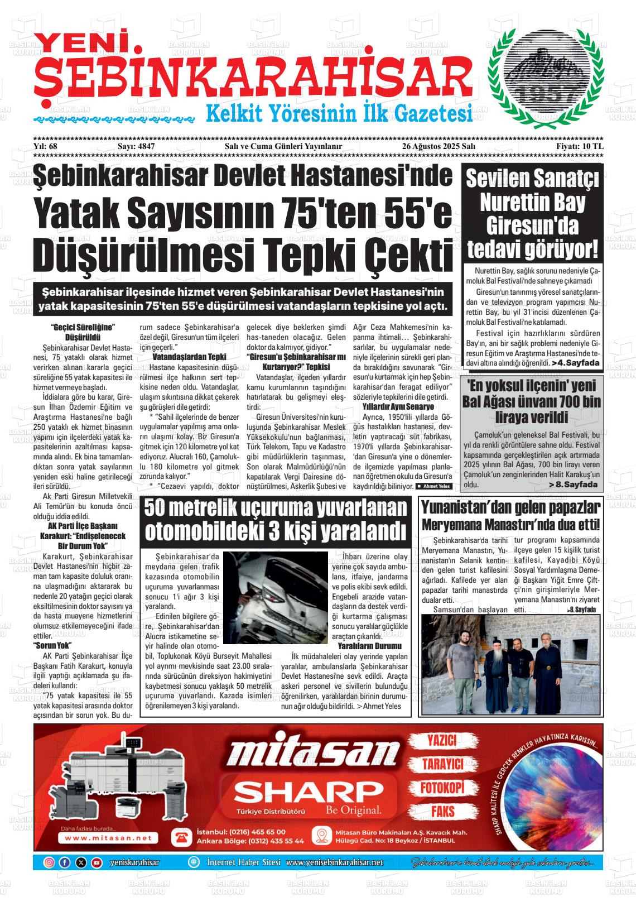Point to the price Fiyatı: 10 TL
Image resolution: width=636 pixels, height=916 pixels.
(580, 146)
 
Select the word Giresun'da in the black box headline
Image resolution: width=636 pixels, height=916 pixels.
(532, 226)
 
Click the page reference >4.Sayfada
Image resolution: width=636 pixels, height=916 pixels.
(575, 363)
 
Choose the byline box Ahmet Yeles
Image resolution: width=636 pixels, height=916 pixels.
(432, 486)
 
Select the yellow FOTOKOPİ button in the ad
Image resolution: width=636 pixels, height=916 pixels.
(442, 788)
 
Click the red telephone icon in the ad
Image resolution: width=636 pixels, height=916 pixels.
(181, 836)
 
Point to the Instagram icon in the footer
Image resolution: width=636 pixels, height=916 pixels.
(49, 862)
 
